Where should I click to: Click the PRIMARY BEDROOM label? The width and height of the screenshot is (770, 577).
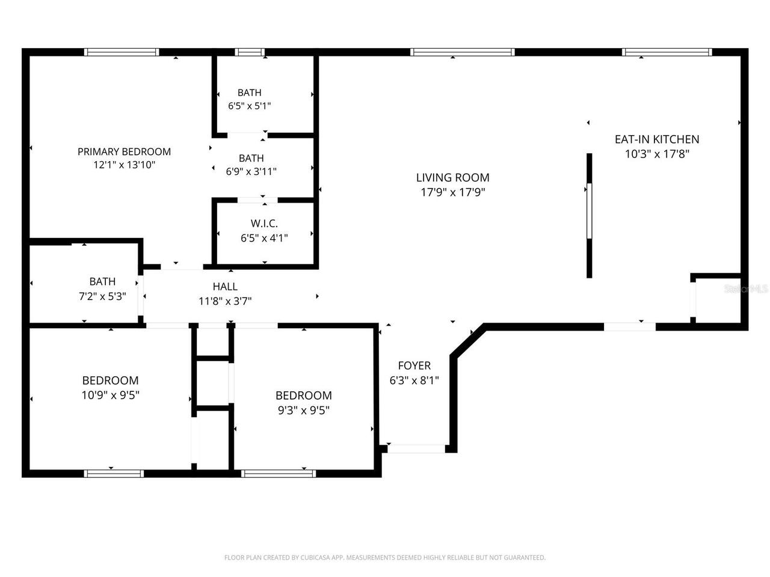(x=124, y=151)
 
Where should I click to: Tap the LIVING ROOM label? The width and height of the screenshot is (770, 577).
(x=452, y=177)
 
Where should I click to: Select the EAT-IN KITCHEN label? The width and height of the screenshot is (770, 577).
(x=656, y=139)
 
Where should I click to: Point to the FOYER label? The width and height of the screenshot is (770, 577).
(x=414, y=365)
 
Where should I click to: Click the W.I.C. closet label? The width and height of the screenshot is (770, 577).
(x=264, y=224)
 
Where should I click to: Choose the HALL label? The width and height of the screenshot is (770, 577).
(x=225, y=287)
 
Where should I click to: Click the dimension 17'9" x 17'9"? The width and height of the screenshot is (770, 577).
(x=452, y=192)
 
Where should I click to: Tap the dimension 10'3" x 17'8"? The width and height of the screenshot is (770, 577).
(x=656, y=154)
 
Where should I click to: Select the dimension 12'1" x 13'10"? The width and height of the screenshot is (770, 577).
(x=124, y=165)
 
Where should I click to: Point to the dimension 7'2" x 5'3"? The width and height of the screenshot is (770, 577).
(x=102, y=296)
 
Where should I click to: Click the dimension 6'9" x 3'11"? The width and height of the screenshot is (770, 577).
(x=251, y=171)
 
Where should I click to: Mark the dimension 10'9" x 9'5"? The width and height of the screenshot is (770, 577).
(x=111, y=395)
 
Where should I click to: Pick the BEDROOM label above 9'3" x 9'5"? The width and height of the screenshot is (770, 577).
(x=303, y=395)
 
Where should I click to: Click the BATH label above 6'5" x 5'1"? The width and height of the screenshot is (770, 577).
(x=249, y=93)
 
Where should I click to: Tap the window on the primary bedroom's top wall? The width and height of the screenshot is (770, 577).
(x=122, y=52)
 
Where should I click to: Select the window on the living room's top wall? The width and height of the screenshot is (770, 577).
(x=462, y=52)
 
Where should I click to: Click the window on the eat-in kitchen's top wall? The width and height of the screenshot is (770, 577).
(x=667, y=52)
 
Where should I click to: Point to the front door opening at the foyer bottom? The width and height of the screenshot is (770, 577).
(x=416, y=448)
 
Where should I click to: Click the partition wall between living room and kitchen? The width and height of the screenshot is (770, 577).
(x=590, y=215)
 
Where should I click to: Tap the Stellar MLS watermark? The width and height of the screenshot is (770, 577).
(x=746, y=289)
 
